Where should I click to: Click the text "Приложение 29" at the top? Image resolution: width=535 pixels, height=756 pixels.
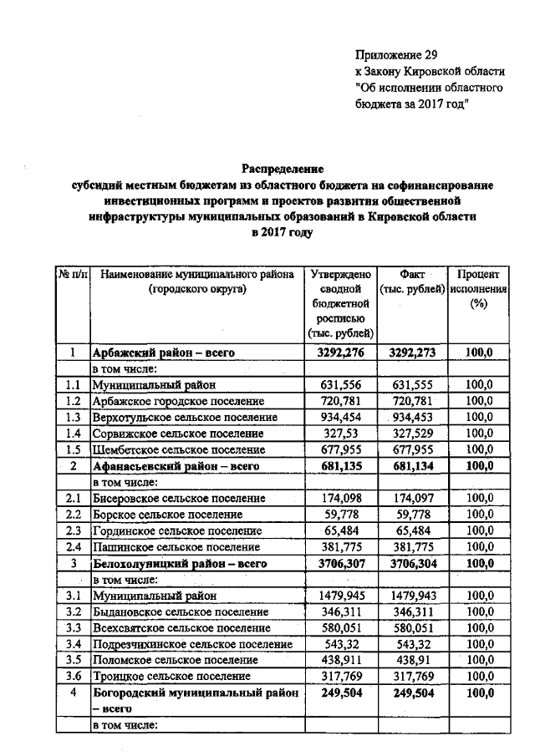[x=396, y=55]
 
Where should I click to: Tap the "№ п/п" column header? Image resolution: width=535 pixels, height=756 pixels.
[x=72, y=275]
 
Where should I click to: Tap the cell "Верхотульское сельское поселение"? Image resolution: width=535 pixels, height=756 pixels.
[x=185, y=417]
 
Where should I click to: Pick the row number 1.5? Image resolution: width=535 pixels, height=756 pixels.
[x=72, y=449]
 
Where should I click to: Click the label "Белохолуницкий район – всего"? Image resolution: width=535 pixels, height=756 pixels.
[x=179, y=564]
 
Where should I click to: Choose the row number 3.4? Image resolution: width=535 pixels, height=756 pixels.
[x=72, y=644]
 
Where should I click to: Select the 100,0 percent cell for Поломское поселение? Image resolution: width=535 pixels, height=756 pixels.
[x=478, y=660]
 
